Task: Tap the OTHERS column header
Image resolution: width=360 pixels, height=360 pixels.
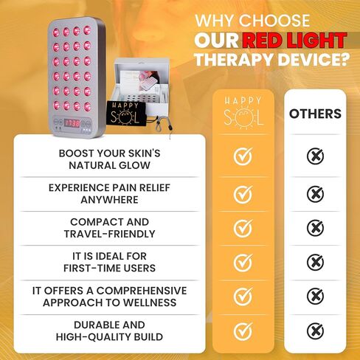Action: [x=315, y=114]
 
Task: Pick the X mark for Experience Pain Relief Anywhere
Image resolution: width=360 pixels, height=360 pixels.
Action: [x=315, y=193]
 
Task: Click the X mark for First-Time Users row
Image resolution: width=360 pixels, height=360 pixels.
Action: [x=315, y=261]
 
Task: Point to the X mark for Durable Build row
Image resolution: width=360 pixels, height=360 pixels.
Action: [x=315, y=330]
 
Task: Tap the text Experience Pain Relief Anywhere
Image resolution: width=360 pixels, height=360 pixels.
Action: [x=108, y=193]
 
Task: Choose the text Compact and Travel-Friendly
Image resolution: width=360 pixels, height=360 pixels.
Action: [x=108, y=227]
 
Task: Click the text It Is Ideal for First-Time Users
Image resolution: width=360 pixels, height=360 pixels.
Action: [x=108, y=262]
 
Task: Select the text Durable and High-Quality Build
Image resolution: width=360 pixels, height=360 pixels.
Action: [x=108, y=330]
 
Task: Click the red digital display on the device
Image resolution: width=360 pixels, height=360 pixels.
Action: [x=71, y=123]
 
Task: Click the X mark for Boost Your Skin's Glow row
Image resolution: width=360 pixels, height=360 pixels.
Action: [x=315, y=156]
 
